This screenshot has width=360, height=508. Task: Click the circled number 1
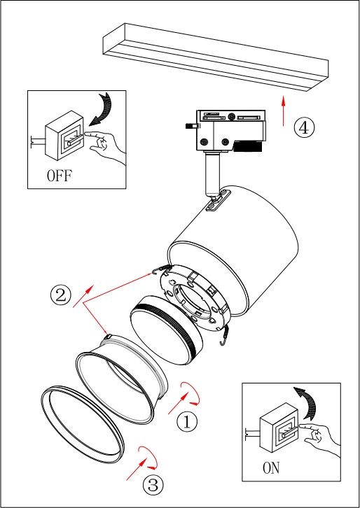coord(187,422)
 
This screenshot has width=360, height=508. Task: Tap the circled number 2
coord(61,295)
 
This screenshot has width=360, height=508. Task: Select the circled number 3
coord(153,485)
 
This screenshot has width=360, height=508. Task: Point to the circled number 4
coord(304,127)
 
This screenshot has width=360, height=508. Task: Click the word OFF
coord(60,176)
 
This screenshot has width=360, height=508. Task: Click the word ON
coord(271,468)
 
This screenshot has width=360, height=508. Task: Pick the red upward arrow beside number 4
coord(284,111)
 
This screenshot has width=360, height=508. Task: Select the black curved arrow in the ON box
coord(307,403)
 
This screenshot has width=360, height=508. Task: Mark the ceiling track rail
coord(216,57)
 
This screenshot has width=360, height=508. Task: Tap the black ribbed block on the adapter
coord(247,146)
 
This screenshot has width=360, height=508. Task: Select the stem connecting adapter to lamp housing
coord(212,175)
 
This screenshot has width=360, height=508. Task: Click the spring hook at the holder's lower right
coord(223,336)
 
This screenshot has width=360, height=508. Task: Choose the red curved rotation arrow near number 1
coord(191,393)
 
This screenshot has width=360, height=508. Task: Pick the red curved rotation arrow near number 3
coord(148,458)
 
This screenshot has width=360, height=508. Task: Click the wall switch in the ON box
coord(278,428)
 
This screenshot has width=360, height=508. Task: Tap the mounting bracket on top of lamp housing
coord(219,200)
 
